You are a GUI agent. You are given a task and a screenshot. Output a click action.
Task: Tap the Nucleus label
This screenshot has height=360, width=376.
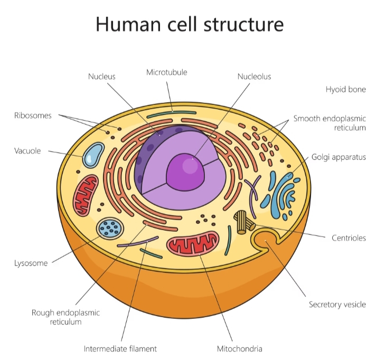point(101,77)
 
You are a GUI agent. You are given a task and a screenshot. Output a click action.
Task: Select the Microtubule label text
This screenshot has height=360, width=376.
point(166,72)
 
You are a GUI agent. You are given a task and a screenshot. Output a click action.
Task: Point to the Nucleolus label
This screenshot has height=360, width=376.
point(254,77)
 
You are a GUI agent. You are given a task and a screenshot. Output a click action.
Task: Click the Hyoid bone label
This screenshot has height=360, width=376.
point(345,89)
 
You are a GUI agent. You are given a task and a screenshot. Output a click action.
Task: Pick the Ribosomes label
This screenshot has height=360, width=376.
point(33,116)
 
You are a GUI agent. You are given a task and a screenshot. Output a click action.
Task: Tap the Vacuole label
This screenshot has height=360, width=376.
point(27,151)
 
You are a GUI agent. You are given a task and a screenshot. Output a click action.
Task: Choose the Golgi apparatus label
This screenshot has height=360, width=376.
point(339,157)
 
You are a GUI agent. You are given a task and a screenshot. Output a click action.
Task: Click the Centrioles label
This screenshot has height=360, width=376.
point(349,238)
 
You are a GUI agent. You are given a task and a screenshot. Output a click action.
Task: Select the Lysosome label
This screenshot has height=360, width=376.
point(31,263)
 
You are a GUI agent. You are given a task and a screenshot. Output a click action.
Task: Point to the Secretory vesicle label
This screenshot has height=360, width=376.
point(337,305)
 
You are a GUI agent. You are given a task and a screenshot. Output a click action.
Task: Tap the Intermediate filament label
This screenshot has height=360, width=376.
point(120,348)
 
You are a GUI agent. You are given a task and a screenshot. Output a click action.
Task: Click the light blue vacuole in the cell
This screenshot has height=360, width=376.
point(93,154)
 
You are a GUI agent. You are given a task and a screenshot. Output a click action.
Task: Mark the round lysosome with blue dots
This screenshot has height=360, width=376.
point(111,228)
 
